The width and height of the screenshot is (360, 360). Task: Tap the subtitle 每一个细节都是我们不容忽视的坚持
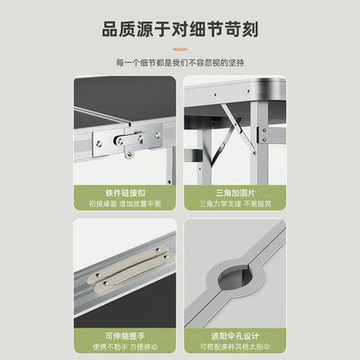[179, 62]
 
